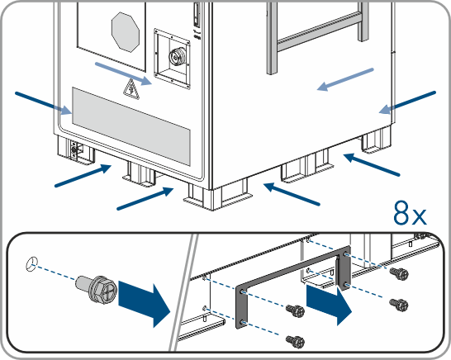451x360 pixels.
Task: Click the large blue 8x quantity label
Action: [410, 213]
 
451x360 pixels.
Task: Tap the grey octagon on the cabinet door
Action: [126, 32]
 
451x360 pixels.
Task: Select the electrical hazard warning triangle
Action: [131, 88]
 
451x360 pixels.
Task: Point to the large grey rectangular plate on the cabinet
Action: [131, 126]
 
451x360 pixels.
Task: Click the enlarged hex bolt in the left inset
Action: [97, 288]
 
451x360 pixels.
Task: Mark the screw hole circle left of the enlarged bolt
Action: [31, 264]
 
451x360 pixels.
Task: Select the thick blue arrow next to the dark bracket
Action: [329, 306]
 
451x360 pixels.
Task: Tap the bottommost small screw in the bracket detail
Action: [296, 341]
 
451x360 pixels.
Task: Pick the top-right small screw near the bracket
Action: [399, 274]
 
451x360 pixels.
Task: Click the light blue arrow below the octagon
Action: [123, 73]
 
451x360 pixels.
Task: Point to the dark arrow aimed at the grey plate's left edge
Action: [44, 103]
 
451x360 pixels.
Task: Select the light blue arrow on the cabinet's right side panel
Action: [345, 79]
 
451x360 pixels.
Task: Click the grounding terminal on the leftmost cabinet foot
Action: [74, 149]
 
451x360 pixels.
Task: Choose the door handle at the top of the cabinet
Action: [197, 14]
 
